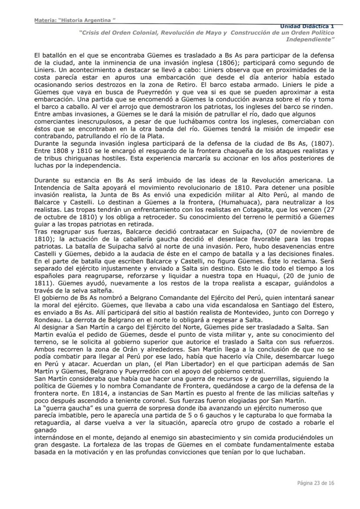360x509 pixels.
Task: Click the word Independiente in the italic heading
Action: pos(310,39)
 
